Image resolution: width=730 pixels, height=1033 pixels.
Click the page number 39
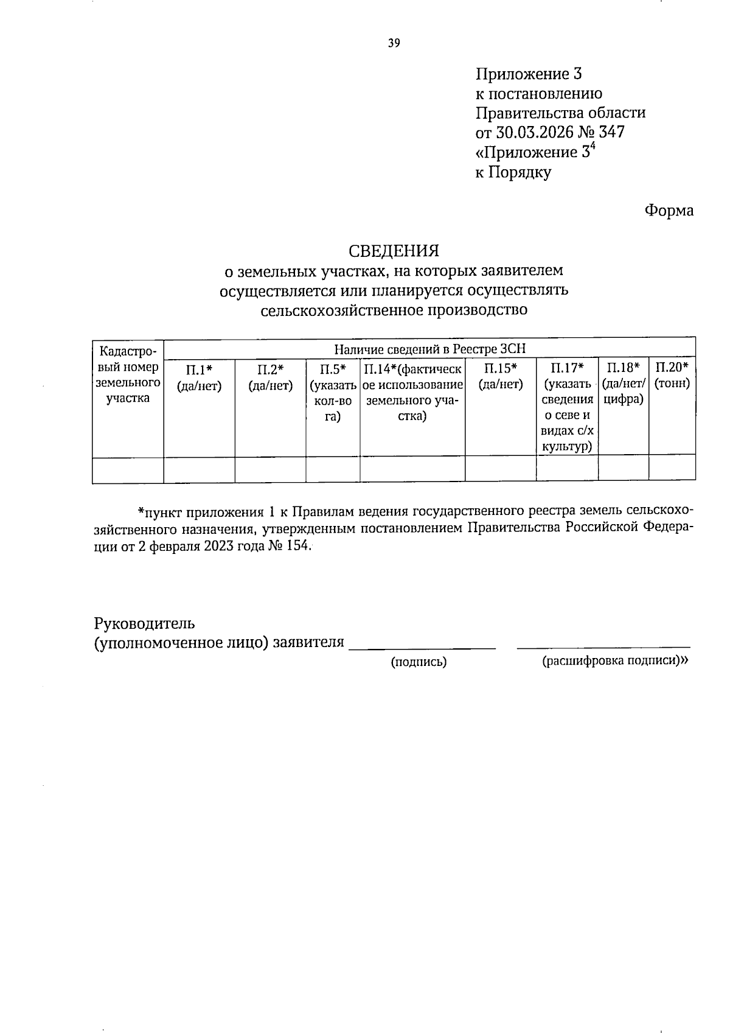(394, 43)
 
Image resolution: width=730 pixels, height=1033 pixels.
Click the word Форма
(669, 211)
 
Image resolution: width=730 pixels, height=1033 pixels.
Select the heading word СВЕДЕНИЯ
(394, 251)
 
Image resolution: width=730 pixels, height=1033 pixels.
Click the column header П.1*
(199, 369)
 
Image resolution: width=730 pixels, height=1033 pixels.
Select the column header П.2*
(270, 369)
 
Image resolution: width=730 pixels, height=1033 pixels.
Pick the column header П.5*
(333, 369)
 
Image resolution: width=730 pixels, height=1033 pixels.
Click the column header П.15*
(500, 369)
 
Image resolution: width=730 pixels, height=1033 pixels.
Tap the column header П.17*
(567, 369)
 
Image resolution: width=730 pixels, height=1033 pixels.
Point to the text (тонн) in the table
(672, 384)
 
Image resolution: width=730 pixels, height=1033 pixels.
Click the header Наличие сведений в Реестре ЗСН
(429, 349)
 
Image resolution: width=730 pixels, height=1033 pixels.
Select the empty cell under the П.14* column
(412, 469)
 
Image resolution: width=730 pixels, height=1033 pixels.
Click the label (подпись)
(419, 662)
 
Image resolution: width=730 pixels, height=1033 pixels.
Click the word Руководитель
(145, 623)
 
